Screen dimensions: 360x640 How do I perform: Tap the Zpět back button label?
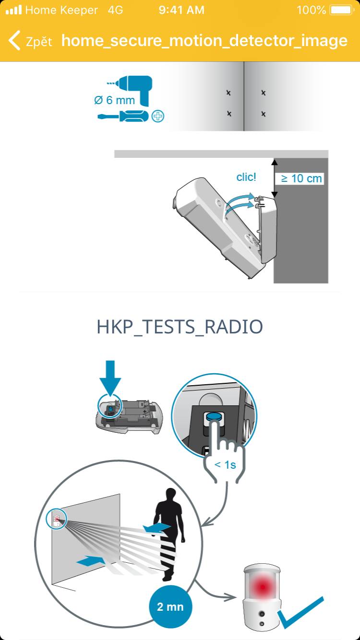click(x=39, y=42)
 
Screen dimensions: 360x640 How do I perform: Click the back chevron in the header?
click(x=14, y=40)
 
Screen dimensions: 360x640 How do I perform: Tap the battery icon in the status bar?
click(x=342, y=10)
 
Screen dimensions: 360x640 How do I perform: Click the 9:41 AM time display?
click(x=181, y=10)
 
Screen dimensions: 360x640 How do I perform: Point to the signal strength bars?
click(x=14, y=10)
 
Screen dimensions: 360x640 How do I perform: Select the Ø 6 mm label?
click(x=114, y=100)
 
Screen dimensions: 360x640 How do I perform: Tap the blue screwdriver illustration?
click(x=123, y=116)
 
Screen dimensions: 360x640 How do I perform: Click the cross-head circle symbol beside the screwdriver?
click(x=158, y=116)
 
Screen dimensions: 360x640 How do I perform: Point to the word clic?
click(x=246, y=177)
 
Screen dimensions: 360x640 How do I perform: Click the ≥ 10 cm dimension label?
click(x=301, y=178)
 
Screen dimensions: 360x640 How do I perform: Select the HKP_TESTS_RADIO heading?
click(x=180, y=327)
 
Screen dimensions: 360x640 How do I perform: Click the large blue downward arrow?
click(x=110, y=378)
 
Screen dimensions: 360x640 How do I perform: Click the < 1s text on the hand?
click(x=225, y=465)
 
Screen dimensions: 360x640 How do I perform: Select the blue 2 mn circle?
click(x=170, y=606)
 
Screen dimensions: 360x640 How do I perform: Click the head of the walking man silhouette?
click(x=171, y=495)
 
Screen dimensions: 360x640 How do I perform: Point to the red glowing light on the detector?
click(x=262, y=587)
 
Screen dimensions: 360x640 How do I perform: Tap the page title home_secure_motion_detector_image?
click(x=204, y=40)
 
